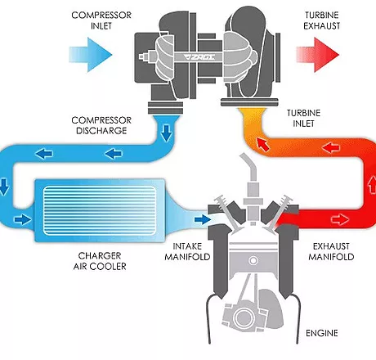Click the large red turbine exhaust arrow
point(318,55)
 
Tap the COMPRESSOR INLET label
point(101,20)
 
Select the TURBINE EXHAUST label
point(322,20)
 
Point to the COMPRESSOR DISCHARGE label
point(101,125)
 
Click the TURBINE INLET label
point(303,119)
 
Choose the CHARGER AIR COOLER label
point(100,261)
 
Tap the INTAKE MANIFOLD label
point(187,252)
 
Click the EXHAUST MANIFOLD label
point(331,252)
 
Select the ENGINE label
point(322,333)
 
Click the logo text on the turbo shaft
point(199,56)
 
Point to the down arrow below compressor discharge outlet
point(166,133)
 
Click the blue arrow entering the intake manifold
point(203,219)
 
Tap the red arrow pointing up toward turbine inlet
point(263,144)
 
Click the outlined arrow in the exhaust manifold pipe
point(340,219)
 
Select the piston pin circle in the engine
point(253,261)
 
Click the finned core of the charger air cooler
point(100,210)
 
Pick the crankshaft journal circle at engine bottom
point(242,317)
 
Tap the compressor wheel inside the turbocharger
point(164,58)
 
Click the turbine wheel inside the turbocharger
point(239,56)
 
